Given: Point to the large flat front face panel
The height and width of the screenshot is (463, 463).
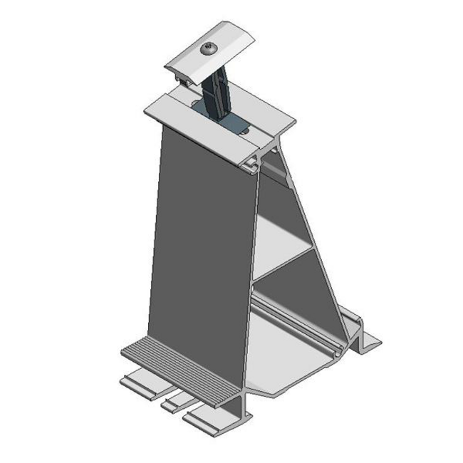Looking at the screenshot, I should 203,242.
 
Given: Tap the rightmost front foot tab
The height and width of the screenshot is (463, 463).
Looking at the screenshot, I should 207,420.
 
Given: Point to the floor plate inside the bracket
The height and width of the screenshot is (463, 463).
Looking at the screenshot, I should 292,356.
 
